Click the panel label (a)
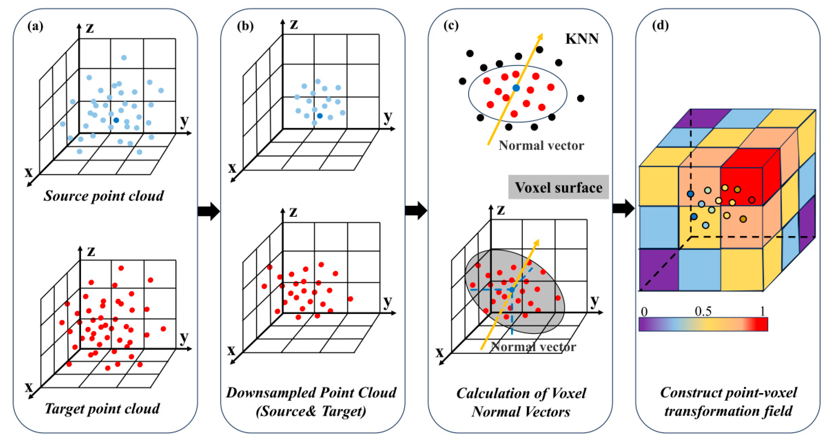(x=35, y=26)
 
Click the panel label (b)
(x=245, y=26)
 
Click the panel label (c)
(x=451, y=26)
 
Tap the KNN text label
(x=582, y=39)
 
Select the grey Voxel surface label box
(x=558, y=187)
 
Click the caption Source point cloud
(x=103, y=196)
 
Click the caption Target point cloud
(x=102, y=408)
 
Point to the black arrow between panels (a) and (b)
(x=209, y=211)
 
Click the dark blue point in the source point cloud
(x=116, y=120)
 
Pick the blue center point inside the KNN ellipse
(x=516, y=88)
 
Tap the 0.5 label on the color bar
(x=703, y=311)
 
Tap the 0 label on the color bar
(x=644, y=312)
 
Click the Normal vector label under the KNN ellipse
(x=541, y=146)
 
